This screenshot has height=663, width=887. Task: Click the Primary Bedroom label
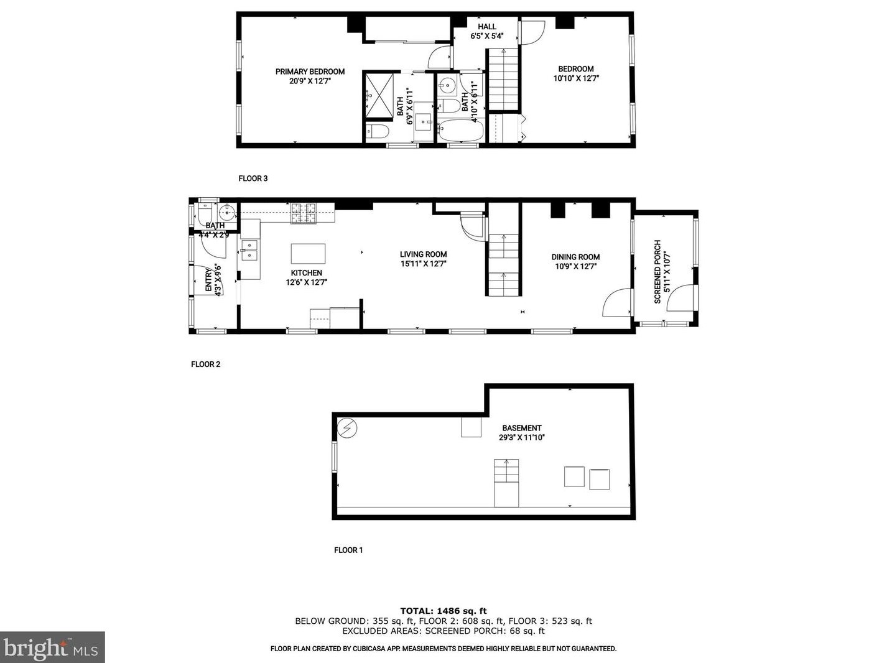(x=310, y=72)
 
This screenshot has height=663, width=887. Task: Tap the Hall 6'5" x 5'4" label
(x=486, y=31)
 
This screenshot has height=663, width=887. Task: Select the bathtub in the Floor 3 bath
(x=460, y=131)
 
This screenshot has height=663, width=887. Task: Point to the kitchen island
(x=308, y=254)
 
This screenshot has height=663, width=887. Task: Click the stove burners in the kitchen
(x=304, y=213)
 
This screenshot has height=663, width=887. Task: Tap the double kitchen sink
(x=249, y=250)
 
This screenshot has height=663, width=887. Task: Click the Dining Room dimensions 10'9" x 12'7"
(x=575, y=266)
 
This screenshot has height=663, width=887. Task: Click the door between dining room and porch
(x=617, y=303)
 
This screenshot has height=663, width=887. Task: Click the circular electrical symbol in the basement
(x=347, y=428)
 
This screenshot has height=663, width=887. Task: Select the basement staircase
(x=506, y=483)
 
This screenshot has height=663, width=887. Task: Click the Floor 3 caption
(x=253, y=178)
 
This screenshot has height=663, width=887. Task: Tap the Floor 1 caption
(x=348, y=550)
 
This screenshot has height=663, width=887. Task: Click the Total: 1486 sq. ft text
(x=443, y=611)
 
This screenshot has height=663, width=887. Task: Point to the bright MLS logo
(x=52, y=647)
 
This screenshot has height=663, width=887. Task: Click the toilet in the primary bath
(x=378, y=131)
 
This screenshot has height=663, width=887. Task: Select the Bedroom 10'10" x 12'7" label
(x=575, y=73)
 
